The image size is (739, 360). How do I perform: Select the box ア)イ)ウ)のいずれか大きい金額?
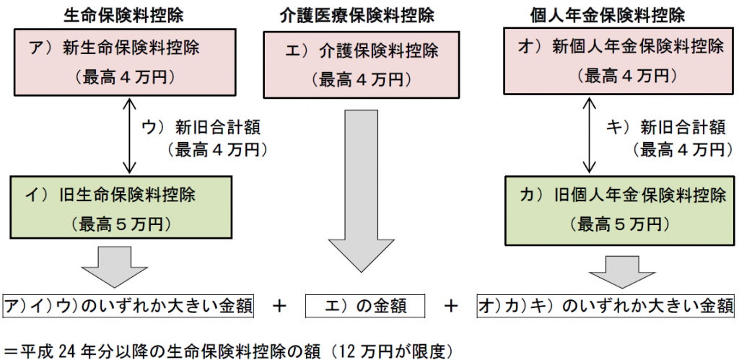(x=128, y=305)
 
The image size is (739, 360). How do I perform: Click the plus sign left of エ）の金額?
(x=281, y=305)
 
